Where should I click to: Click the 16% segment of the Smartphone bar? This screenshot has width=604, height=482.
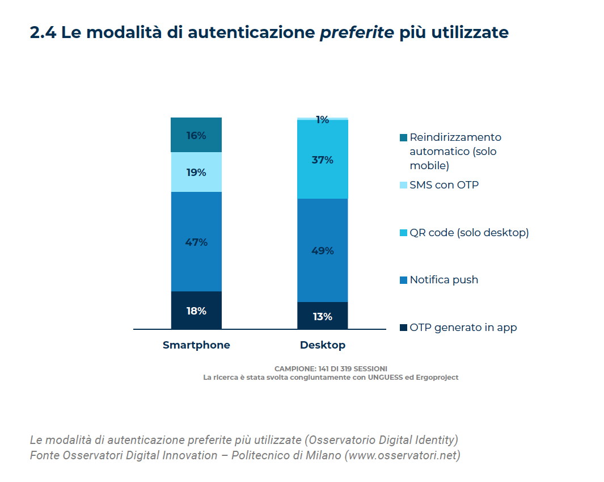tap(196, 135)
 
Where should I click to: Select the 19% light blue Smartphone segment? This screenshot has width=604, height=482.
tap(196, 172)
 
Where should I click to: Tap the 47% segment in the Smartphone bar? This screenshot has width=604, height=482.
tap(196, 242)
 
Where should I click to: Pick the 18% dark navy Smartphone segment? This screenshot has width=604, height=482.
tap(196, 311)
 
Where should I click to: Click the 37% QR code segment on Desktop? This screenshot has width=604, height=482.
tap(322, 160)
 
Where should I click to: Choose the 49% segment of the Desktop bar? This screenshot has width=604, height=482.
tap(322, 250)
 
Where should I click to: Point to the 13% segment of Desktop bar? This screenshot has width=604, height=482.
tap(322, 316)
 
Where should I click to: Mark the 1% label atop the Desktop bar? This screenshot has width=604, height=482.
tap(322, 120)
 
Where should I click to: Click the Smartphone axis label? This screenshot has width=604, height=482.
tap(196, 345)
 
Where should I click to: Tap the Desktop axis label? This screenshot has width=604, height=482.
tap(322, 345)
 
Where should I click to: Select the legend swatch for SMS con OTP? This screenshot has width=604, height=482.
tap(403, 185)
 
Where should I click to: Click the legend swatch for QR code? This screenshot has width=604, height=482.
tap(403, 233)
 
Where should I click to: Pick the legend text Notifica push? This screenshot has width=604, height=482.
tap(444, 280)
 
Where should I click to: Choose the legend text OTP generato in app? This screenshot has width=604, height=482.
tap(463, 328)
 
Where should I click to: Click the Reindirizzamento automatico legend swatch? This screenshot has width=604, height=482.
tap(403, 138)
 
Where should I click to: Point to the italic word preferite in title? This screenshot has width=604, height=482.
tap(357, 33)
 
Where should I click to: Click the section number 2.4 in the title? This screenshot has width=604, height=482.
tap(43, 33)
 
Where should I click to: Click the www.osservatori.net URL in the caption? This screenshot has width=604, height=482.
tap(402, 455)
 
